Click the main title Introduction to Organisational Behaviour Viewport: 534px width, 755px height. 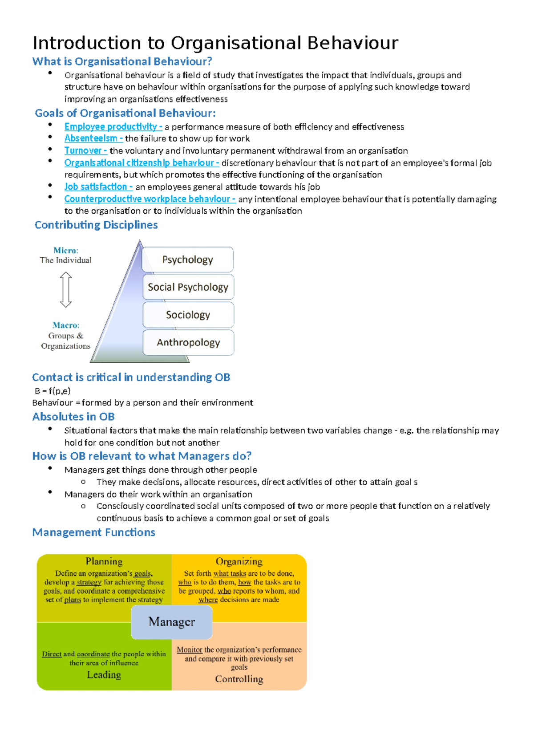[215, 43]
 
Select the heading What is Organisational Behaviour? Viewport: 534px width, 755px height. [122, 61]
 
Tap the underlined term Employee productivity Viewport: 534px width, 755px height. [111, 127]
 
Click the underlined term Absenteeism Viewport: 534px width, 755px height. [91, 138]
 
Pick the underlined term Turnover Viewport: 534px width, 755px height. [84, 151]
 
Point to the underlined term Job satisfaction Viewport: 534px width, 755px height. [96, 187]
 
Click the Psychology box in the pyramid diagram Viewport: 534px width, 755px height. [188, 260]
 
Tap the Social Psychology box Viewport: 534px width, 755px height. [188, 287]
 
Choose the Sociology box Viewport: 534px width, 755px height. [188, 315]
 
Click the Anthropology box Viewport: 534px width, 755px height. [188, 342]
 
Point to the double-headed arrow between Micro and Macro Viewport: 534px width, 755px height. [66, 290]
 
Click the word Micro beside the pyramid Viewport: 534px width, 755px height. [65, 251]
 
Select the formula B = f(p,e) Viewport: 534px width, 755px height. [53, 391]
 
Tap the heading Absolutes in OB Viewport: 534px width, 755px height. [73, 417]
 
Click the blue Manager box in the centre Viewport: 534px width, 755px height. [171, 621]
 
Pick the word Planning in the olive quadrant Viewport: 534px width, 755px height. [104, 561]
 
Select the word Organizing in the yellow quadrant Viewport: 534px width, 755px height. [239, 561]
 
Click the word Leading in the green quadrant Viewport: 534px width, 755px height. [104, 675]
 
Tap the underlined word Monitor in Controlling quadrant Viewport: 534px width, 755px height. [190, 650]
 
